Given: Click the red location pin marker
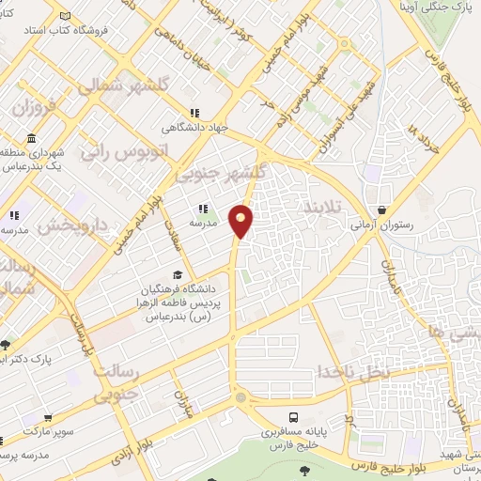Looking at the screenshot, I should pos(241,221).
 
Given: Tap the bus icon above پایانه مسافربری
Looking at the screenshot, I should pos(294,416).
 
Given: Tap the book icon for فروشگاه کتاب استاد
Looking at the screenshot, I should pos(64,17).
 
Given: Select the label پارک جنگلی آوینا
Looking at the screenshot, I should pos(442,7).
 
